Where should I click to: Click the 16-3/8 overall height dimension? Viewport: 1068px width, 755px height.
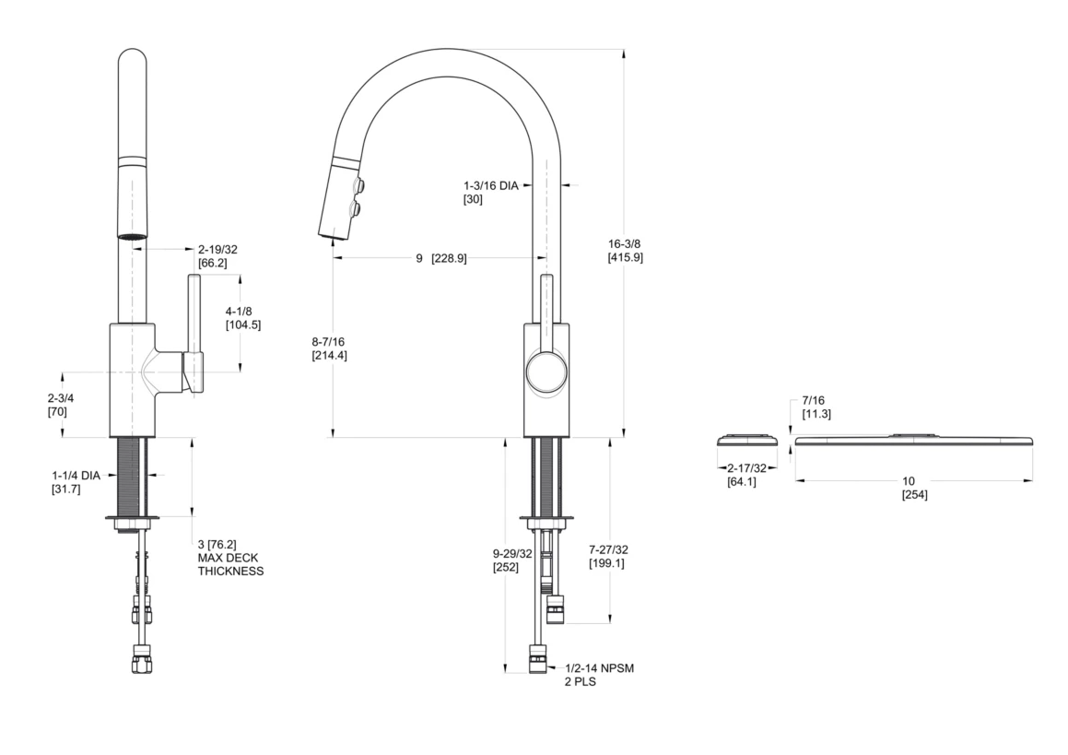[x=624, y=243]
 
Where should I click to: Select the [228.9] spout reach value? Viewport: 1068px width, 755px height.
[x=449, y=258]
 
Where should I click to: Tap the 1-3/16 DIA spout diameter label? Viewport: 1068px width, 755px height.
[x=491, y=184]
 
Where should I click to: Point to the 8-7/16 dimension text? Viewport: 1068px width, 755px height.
[x=329, y=341]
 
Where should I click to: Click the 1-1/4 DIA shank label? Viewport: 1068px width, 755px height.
[x=76, y=475]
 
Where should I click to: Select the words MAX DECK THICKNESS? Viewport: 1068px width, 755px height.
[x=230, y=564]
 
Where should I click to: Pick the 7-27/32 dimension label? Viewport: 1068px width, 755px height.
[x=607, y=549]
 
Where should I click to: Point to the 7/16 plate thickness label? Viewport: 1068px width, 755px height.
[x=815, y=400]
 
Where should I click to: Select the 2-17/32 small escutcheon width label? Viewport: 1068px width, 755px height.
[x=747, y=468]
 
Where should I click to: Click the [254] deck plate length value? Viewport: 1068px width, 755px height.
[x=914, y=495]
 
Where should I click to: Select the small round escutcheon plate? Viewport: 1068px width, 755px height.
[x=747, y=440]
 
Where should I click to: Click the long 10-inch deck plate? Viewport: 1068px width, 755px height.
[x=912, y=440]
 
